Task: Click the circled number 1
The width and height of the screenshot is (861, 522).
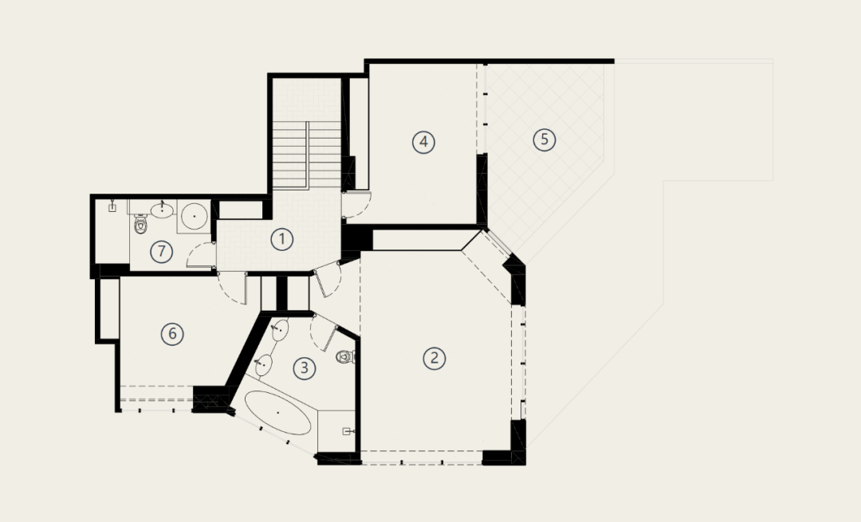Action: pos(282,239)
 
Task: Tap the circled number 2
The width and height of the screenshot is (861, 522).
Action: pos(434,359)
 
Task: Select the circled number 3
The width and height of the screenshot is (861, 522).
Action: pos(305,367)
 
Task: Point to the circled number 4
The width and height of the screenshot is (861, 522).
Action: pos(423,142)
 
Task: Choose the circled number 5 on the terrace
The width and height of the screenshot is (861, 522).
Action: pos(545,139)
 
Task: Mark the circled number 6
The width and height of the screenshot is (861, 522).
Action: pos(172,334)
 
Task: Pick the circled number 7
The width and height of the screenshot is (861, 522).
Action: pos(161,251)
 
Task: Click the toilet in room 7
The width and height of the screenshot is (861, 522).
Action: pos(141,224)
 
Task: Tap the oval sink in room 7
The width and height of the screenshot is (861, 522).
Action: pos(162,210)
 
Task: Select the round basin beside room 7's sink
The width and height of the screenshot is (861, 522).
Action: pos(194,216)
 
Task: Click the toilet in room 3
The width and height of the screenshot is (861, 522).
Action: pos(345,356)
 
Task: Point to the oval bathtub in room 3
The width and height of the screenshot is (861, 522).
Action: pos(277,412)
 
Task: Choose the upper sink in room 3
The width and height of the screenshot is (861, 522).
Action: pos(280,329)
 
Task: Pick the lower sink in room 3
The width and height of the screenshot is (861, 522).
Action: pos(264,364)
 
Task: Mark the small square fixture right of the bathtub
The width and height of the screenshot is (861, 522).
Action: pos(347,431)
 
